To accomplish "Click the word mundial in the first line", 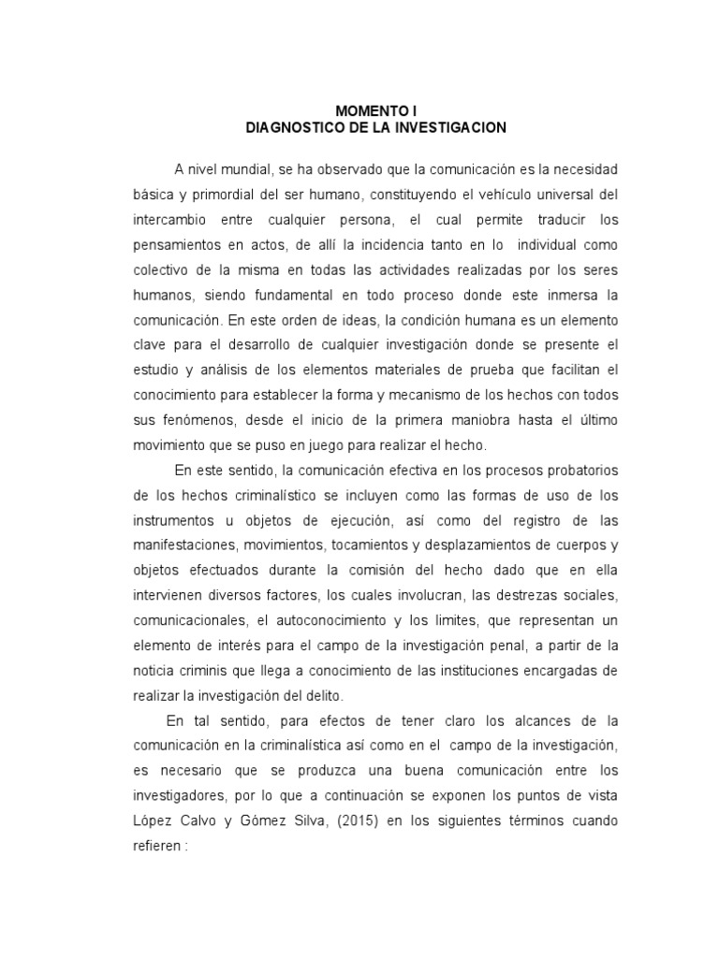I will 245,169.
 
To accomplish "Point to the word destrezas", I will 518,595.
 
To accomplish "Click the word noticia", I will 154,671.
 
